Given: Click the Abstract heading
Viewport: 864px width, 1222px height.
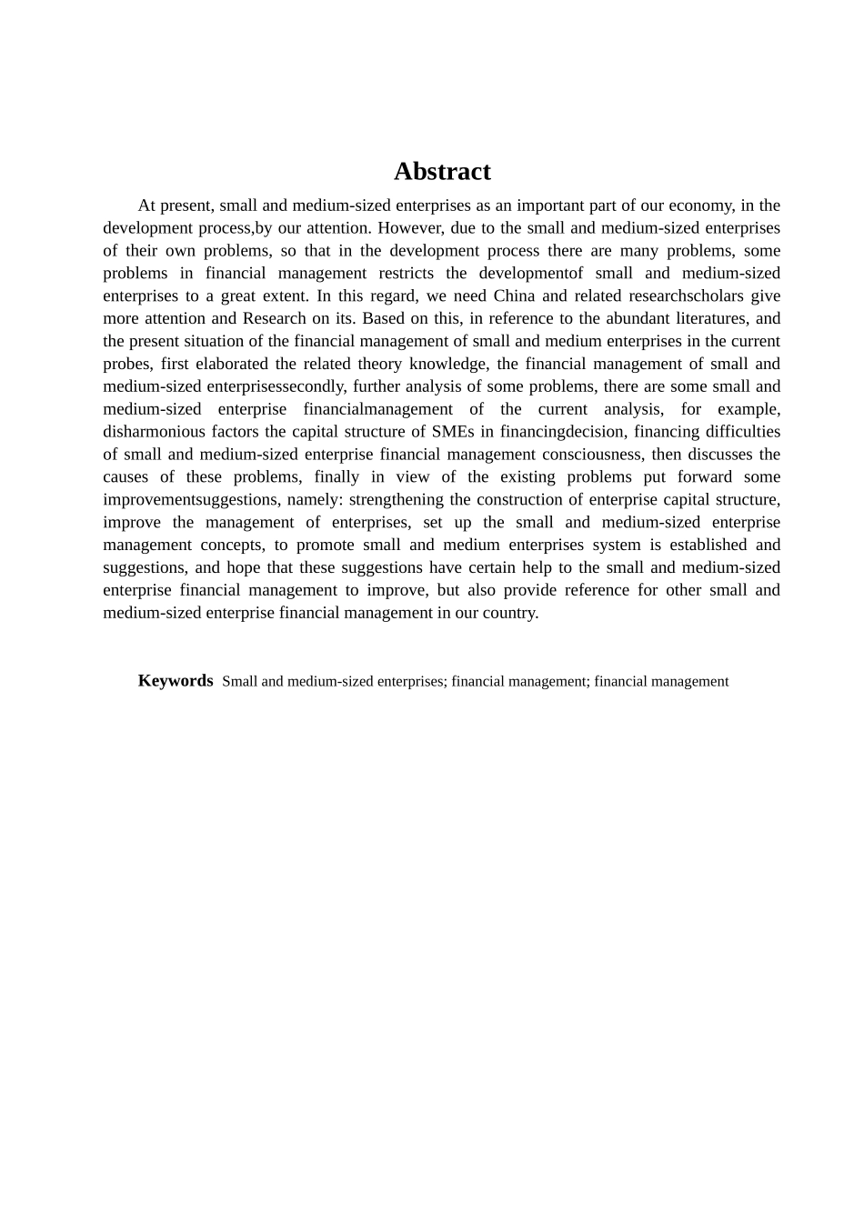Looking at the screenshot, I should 442,171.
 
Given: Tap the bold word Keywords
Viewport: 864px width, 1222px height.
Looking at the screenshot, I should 176,680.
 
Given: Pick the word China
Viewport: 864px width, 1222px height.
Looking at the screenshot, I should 514,295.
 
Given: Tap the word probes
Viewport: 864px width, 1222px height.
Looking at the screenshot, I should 126,364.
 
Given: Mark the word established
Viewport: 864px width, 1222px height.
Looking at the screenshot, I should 696,545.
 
